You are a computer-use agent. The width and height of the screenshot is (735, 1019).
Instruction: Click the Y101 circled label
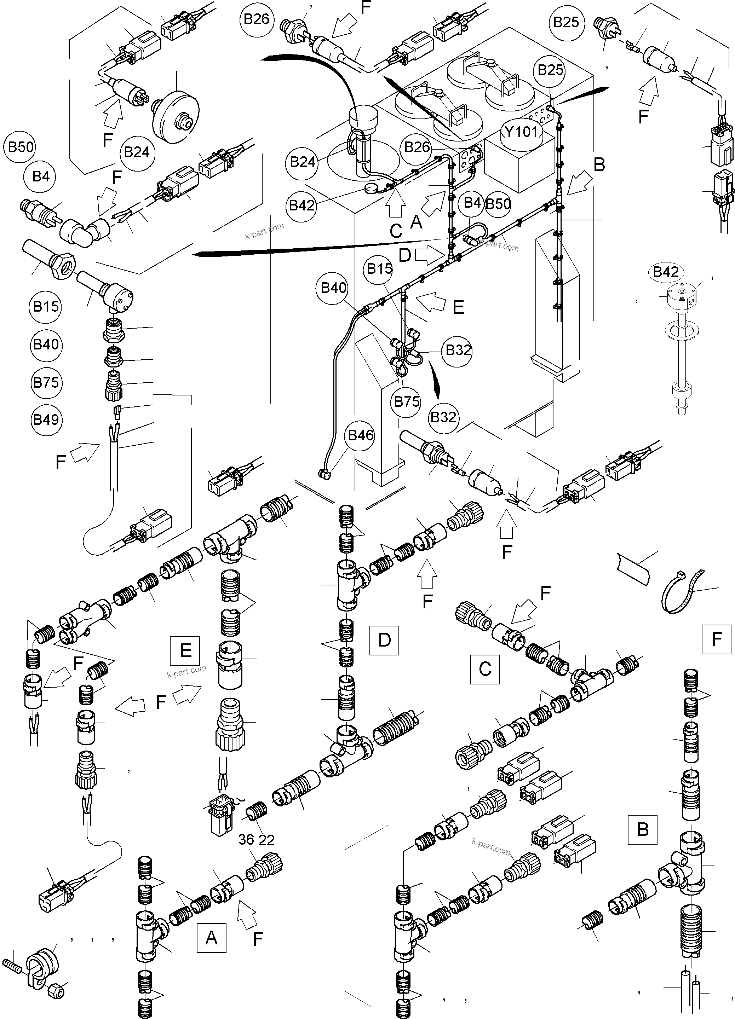[x=521, y=132]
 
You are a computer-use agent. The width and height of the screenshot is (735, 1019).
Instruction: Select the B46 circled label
[x=361, y=435]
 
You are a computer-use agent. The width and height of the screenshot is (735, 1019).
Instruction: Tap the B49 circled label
[x=46, y=419]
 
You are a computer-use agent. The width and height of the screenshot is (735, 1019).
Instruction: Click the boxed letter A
[x=211, y=938]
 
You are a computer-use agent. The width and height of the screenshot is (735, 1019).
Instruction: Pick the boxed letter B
[x=642, y=829]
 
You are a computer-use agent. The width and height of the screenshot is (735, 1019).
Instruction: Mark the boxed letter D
[x=384, y=640]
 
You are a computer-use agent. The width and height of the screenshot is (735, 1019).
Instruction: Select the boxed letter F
[x=717, y=638]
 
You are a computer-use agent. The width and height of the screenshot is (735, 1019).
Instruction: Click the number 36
[x=246, y=840]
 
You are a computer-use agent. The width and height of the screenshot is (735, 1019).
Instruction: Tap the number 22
[x=266, y=840]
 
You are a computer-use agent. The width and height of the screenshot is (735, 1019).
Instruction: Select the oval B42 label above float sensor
[x=666, y=272]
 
